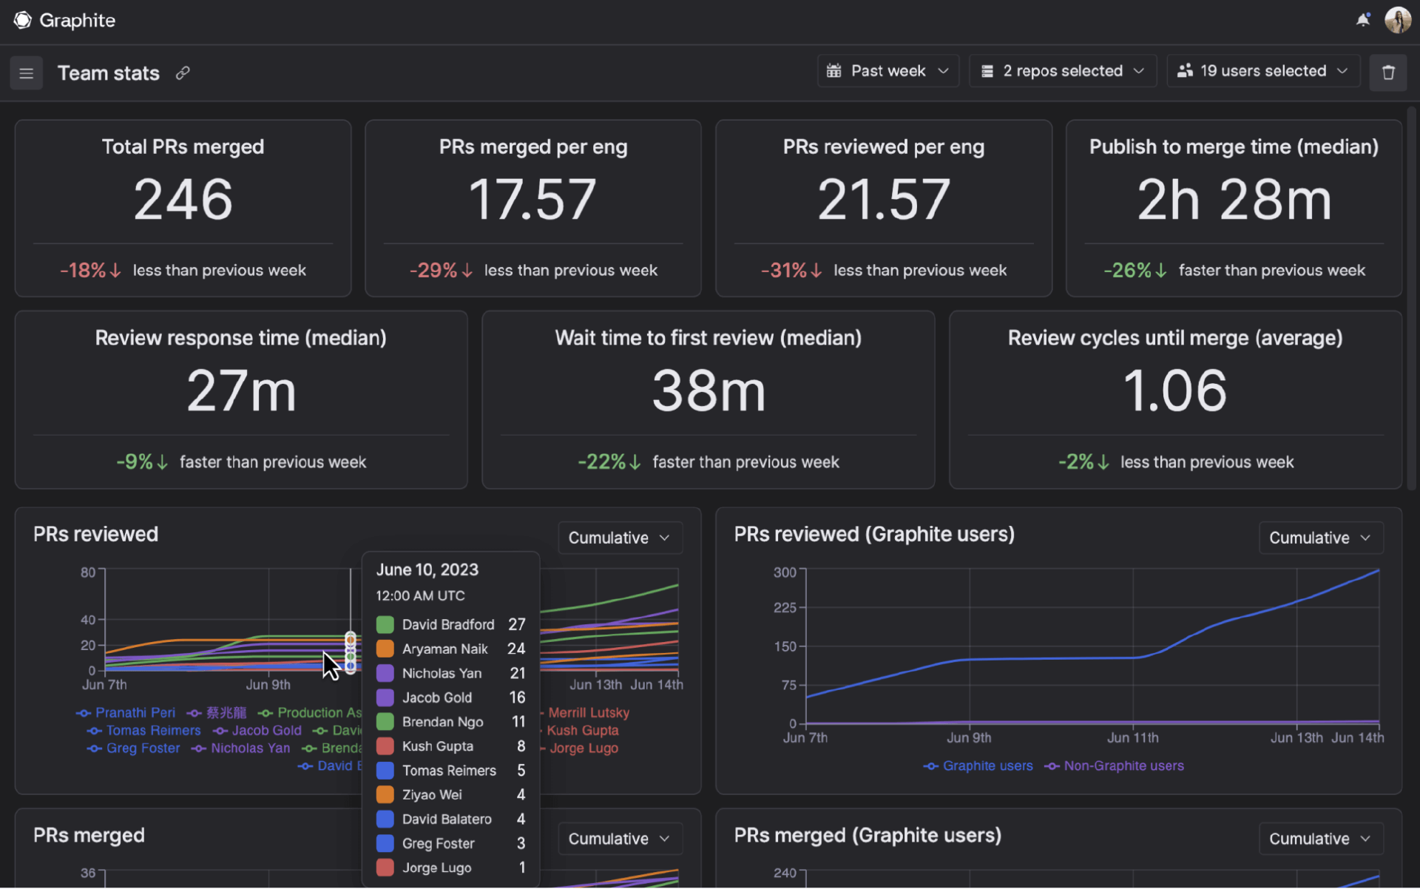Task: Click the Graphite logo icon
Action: (23, 20)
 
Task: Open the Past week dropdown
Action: (887, 71)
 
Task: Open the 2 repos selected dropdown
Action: (1063, 71)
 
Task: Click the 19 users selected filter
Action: (1263, 71)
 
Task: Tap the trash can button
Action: (1387, 72)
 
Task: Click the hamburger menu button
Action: (26, 73)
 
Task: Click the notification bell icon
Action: (1362, 20)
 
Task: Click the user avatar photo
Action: (1397, 20)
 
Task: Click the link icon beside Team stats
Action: (183, 72)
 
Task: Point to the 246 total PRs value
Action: (183, 200)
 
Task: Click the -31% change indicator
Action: (791, 271)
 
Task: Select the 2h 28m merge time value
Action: (1234, 200)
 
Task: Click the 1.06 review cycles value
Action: (1174, 391)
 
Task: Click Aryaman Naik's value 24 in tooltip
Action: (515, 649)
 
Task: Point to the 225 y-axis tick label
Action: (784, 607)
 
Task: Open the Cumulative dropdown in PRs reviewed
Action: (619, 538)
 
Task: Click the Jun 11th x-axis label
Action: (1132, 737)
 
